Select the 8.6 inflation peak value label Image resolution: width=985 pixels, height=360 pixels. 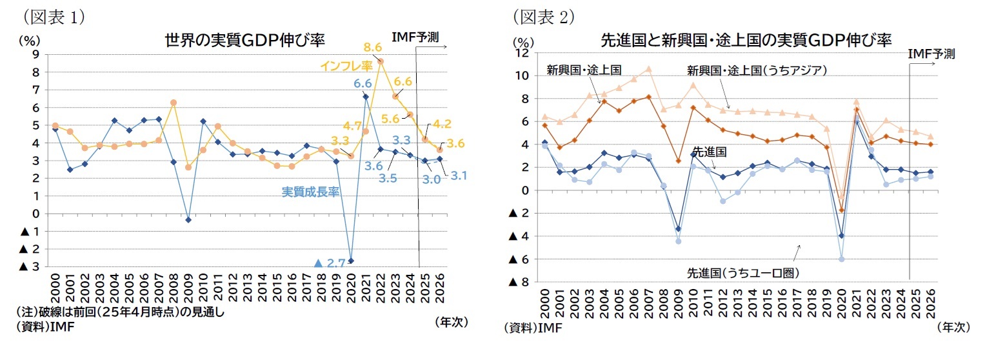coord(373,47)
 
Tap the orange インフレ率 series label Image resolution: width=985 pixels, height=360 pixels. coord(347,66)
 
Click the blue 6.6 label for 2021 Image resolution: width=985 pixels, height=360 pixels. coord(363,83)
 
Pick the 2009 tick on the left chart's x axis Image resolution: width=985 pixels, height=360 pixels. coord(188,291)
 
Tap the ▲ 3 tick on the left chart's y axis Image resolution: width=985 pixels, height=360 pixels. coord(30,266)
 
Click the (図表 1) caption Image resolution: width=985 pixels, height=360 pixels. coord(55,14)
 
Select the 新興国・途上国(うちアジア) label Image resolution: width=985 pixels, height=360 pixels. coord(756,70)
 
